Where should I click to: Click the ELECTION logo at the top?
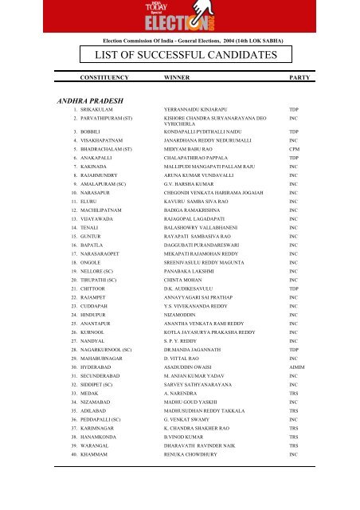178,16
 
